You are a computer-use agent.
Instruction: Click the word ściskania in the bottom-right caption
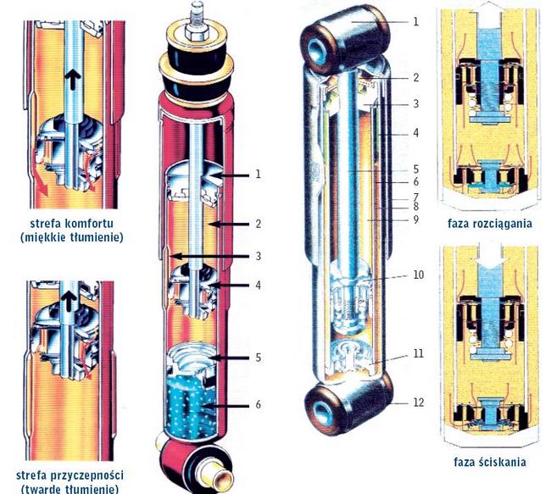click(503, 462)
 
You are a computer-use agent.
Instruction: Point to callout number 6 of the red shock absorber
click(259, 405)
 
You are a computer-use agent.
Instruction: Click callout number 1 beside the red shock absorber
click(259, 174)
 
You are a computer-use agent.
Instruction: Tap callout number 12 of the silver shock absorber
click(418, 402)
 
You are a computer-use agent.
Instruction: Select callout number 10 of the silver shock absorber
click(418, 275)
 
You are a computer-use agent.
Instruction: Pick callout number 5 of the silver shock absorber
click(416, 169)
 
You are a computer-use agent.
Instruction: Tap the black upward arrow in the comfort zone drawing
click(72, 76)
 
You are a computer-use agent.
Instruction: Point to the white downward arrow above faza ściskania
click(489, 259)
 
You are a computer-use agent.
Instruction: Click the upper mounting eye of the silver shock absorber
click(344, 37)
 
